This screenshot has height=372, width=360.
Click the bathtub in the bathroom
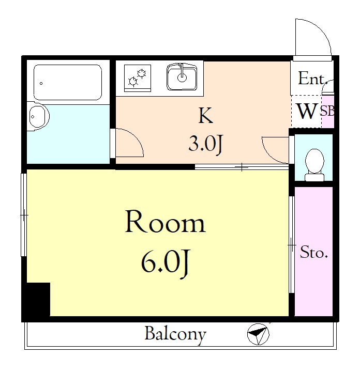point(68,82)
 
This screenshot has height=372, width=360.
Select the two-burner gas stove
point(138,78)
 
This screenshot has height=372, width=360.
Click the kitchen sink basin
point(182,76)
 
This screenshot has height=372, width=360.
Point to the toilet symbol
point(314,165)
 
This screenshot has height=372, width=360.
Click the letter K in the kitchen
point(206,115)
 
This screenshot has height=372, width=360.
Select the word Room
point(166,222)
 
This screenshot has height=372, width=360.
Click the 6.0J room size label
point(166,263)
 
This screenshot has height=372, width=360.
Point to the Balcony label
point(175,334)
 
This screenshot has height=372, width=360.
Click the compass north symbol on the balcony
point(258,334)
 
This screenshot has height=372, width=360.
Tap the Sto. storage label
point(314,252)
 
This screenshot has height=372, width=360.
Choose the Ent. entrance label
point(311,79)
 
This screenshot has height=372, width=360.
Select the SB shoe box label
point(327,111)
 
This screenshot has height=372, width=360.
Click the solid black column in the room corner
point(36,299)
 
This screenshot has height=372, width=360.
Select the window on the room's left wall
point(24,215)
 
